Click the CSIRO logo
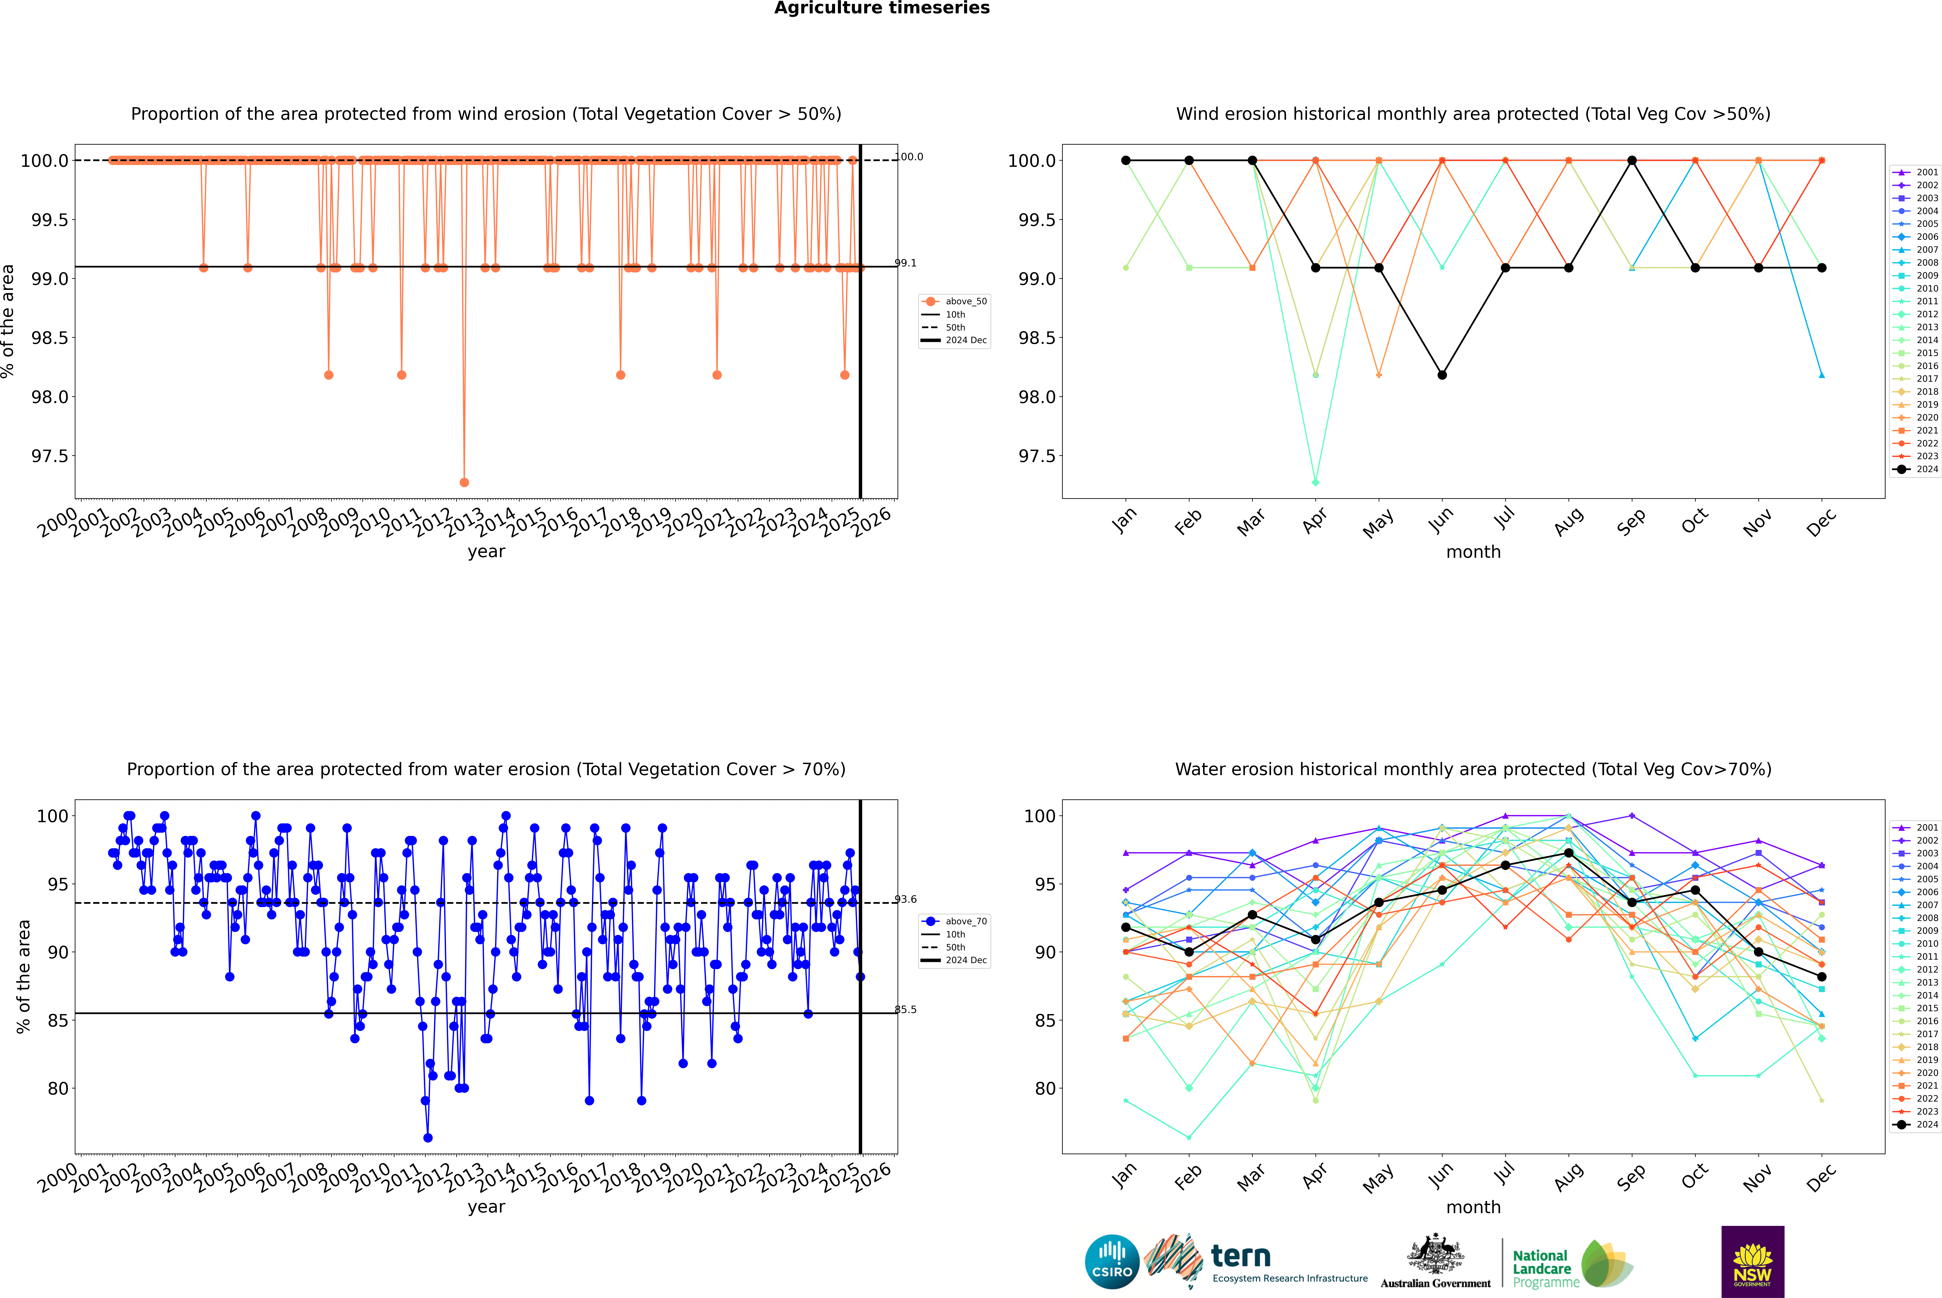tap(1112, 1262)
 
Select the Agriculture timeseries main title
tap(882, 8)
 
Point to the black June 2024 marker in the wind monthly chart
tap(1442, 375)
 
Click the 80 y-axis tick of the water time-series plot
tap(58, 1089)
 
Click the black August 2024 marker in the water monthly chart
tap(1569, 853)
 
